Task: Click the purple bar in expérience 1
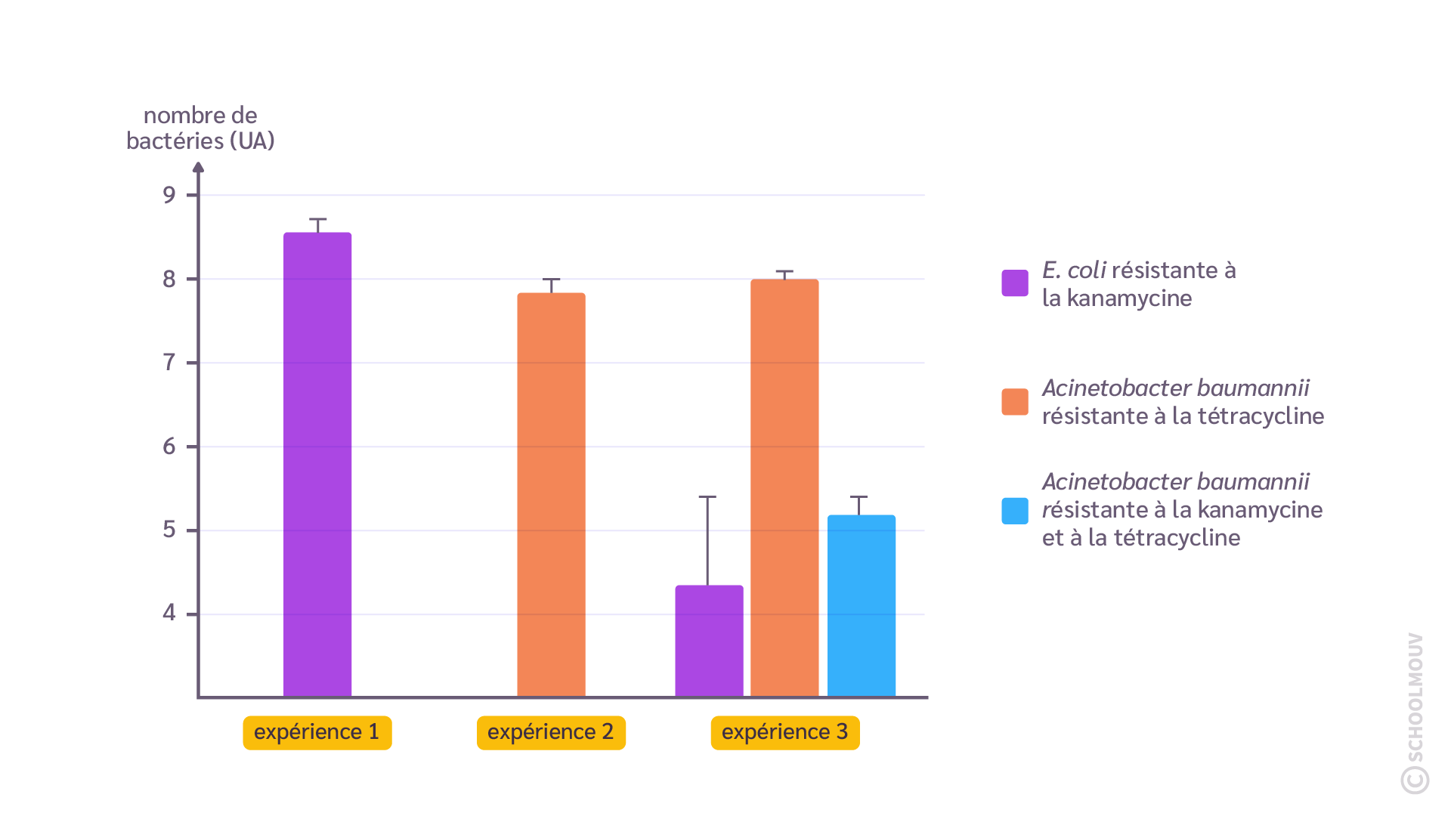(317, 464)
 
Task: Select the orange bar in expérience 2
(551, 494)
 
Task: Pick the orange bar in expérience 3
(784, 487)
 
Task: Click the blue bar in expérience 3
(862, 605)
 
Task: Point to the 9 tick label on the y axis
(169, 196)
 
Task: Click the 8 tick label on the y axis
(169, 280)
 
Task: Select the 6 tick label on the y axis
(169, 447)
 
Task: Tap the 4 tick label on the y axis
(169, 613)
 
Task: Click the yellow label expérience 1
(317, 732)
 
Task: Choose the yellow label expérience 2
(551, 732)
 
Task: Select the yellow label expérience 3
(785, 732)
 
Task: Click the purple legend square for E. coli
(1015, 283)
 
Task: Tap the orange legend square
(1015, 402)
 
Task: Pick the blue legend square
(1015, 511)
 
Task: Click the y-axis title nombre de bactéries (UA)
(200, 128)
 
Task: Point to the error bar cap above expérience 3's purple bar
(707, 497)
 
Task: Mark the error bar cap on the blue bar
(859, 497)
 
